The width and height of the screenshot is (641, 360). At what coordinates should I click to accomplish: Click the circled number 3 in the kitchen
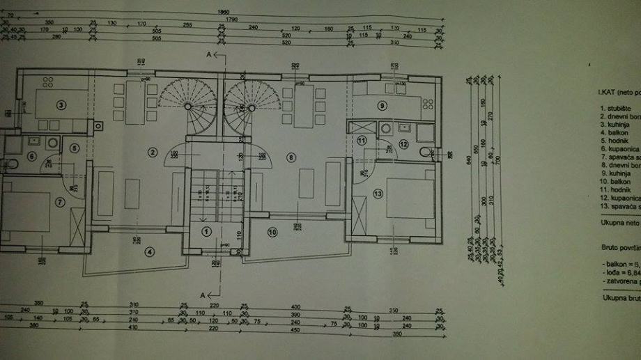pos(61,106)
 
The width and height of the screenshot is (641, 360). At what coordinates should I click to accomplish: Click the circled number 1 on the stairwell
pos(206,230)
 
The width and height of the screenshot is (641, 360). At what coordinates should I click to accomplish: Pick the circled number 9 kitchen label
pos(382,106)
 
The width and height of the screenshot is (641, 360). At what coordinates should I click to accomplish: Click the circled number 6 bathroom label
pos(31,156)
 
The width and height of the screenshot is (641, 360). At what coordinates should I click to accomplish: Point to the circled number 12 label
pos(403,144)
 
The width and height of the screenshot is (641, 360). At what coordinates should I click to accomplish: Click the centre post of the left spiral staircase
pos(188,107)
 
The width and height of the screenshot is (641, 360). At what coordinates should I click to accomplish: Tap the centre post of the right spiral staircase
pos(252,108)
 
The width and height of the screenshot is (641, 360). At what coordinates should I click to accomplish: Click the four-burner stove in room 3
pos(48,81)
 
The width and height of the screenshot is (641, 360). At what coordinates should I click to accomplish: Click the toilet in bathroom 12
pos(425,152)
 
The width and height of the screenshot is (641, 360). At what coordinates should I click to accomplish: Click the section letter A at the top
pos(208,54)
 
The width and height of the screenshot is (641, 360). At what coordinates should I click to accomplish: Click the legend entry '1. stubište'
pos(616,109)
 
